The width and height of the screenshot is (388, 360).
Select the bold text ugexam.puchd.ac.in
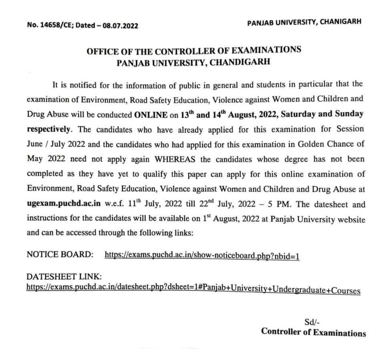pyautogui.click(x=60, y=205)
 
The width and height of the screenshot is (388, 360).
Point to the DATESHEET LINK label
pyautogui.click(x=64, y=277)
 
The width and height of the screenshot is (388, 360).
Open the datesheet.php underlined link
pyautogui.click(x=193, y=288)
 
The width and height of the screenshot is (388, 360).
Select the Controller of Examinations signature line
pyautogui.click(x=313, y=332)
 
